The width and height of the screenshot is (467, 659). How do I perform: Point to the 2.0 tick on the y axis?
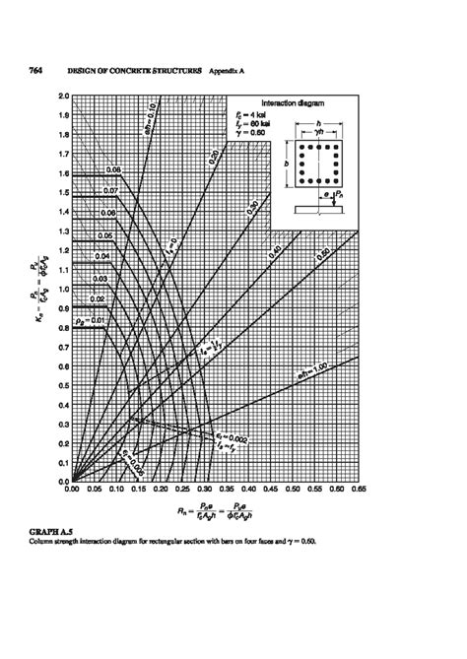tap(63, 97)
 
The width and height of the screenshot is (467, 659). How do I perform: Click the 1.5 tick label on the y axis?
tap(63, 193)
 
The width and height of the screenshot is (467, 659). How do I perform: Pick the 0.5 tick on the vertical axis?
tap(63, 387)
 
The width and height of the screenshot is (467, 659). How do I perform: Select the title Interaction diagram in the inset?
tap(306, 102)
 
